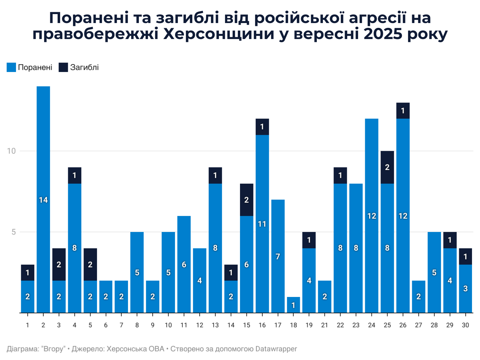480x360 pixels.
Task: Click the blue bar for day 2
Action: click(x=43, y=199)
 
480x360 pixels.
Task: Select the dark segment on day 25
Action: click(x=387, y=167)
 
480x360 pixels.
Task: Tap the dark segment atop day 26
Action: click(x=403, y=111)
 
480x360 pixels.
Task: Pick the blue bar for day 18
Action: click(x=293, y=305)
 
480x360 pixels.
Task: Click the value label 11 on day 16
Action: click(x=262, y=224)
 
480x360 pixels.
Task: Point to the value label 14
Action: click(x=43, y=200)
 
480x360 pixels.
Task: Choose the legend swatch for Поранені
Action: click(x=11, y=67)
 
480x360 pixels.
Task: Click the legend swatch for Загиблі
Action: click(x=63, y=67)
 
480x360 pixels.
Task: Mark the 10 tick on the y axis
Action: click(x=12, y=151)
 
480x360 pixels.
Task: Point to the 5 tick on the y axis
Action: click(x=14, y=232)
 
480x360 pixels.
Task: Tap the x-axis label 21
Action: click(x=324, y=325)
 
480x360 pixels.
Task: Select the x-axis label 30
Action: click(x=465, y=325)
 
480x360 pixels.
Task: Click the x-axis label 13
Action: click(x=215, y=325)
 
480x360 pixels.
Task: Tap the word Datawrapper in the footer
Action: click(x=276, y=349)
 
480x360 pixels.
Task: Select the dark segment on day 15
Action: click(x=246, y=200)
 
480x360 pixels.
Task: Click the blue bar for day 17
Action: click(x=278, y=256)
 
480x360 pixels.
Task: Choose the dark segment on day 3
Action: click(x=59, y=264)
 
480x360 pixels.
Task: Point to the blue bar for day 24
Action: click(x=372, y=216)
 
